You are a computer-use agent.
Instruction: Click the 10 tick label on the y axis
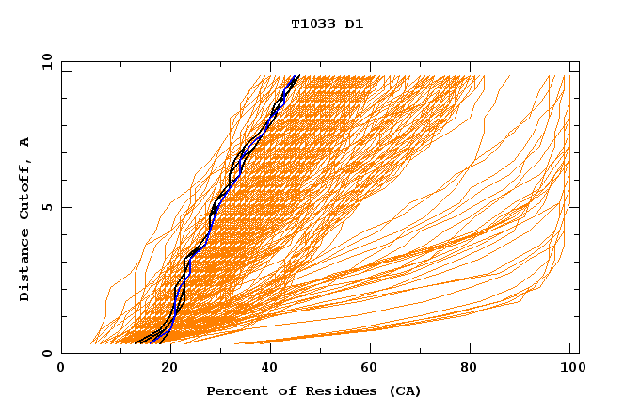tap(43, 61)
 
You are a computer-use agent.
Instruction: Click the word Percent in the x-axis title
tap(236, 391)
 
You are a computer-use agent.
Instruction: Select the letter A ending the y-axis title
tap(25, 142)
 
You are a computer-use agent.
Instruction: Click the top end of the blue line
tap(297, 76)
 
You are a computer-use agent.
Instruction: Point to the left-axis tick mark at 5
tap(65, 207)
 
